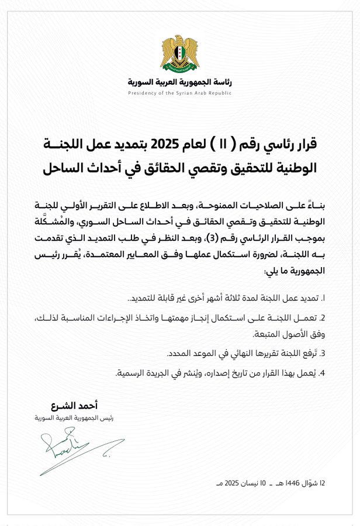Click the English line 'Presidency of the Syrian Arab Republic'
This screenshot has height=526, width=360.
pyautogui.click(x=179, y=92)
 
